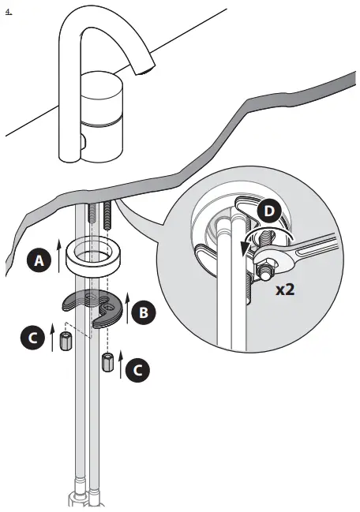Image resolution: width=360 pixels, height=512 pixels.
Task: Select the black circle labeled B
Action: tap(143, 312)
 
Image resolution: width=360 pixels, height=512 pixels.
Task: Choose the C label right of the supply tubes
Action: tap(137, 368)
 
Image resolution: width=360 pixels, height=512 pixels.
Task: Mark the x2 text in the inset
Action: tap(286, 289)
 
